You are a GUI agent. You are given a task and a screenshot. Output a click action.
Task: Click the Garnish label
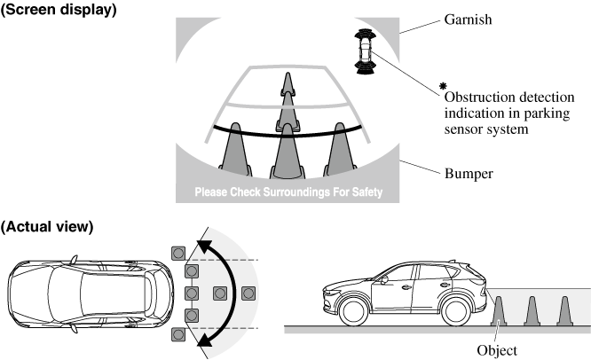tap(468, 20)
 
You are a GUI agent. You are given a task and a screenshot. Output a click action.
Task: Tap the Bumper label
tap(469, 174)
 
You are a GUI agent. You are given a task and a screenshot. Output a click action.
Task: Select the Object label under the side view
tap(497, 350)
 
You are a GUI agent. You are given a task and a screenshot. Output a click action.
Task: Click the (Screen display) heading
tap(59, 10)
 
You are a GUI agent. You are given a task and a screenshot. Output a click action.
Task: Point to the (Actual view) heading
tap(47, 227)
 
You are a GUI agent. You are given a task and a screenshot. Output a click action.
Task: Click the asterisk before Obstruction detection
tap(443, 86)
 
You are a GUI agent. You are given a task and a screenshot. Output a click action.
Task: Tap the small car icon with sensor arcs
tap(365, 51)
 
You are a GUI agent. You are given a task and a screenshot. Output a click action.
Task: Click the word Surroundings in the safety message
tap(296, 192)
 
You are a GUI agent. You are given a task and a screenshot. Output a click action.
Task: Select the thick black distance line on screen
tap(288, 135)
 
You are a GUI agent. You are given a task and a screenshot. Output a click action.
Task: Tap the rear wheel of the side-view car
tap(456, 311)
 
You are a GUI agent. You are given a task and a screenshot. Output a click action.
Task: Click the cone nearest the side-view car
tap(499, 310)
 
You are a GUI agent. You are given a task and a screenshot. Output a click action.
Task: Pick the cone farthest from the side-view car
tap(564, 310)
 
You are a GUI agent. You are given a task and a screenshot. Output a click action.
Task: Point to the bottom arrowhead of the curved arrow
tap(205, 340)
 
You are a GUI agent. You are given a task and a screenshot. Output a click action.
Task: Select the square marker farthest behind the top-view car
tap(248, 293)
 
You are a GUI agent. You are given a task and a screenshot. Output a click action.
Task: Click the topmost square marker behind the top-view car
tap(178, 253)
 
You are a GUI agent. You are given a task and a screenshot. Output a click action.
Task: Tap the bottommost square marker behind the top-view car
tap(178, 334)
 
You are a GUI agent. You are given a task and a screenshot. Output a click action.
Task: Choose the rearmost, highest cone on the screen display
tap(288, 84)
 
